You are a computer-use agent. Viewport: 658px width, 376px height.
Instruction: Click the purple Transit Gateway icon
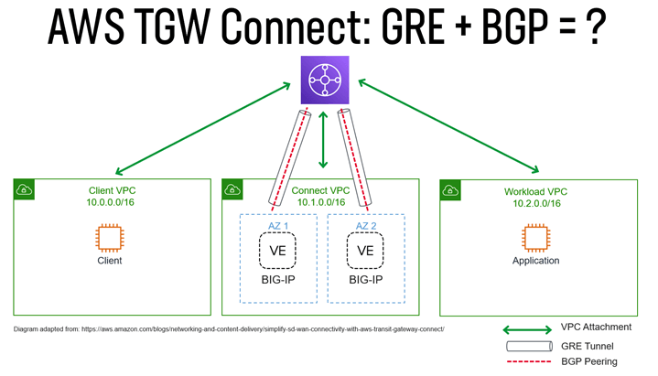tap(324, 80)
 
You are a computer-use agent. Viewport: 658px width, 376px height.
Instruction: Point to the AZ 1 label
tap(277, 224)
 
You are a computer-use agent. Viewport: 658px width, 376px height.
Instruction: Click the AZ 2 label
tap(365, 224)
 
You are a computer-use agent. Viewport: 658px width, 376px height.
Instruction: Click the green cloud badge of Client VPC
tap(24, 189)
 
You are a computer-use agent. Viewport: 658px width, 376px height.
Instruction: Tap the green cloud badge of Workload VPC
tap(450, 189)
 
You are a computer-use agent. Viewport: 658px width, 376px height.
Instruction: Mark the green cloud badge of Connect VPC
tap(232, 189)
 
